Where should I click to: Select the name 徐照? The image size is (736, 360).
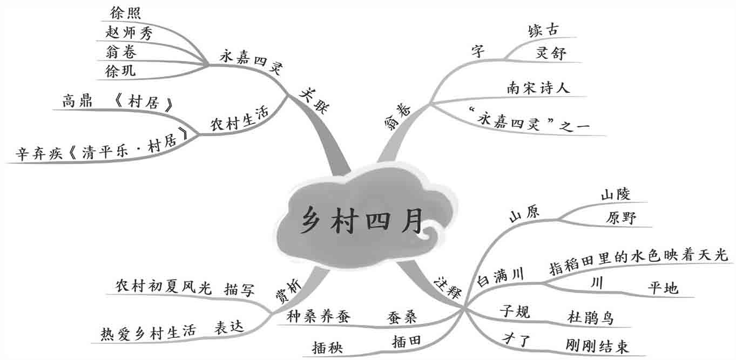coord(125,13)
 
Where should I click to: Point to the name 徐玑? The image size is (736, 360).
coord(121,71)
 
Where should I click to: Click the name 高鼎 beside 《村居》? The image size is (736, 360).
coord(77,101)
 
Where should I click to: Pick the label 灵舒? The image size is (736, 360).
coord(551,53)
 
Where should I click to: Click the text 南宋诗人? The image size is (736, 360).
coord(538,87)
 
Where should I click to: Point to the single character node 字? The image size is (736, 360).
coord(478,52)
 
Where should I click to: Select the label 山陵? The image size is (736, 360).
coord(616,194)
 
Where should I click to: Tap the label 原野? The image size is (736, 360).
coord(621,218)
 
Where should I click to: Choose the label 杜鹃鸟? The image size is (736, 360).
coord(590,317)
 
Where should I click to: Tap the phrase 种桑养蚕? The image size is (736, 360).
coord(319,317)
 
